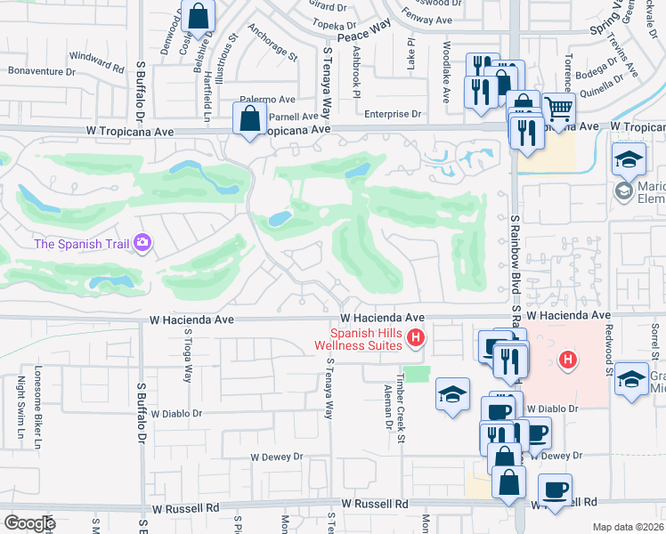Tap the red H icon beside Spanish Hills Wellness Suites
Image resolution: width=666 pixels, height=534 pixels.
[415, 337]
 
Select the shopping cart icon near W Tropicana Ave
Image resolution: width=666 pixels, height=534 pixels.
[558, 109]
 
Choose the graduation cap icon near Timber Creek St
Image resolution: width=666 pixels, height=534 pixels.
[452, 394]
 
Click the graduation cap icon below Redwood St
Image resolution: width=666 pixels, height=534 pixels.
[631, 377]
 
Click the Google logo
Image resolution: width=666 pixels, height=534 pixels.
[29, 523]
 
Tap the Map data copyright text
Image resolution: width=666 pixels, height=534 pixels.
[627, 527]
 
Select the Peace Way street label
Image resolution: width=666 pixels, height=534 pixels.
[364, 30]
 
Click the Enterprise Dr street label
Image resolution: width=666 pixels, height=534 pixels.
[392, 114]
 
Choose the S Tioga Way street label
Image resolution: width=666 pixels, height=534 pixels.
[188, 356]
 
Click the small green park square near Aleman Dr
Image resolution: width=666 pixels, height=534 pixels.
[416, 374]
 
